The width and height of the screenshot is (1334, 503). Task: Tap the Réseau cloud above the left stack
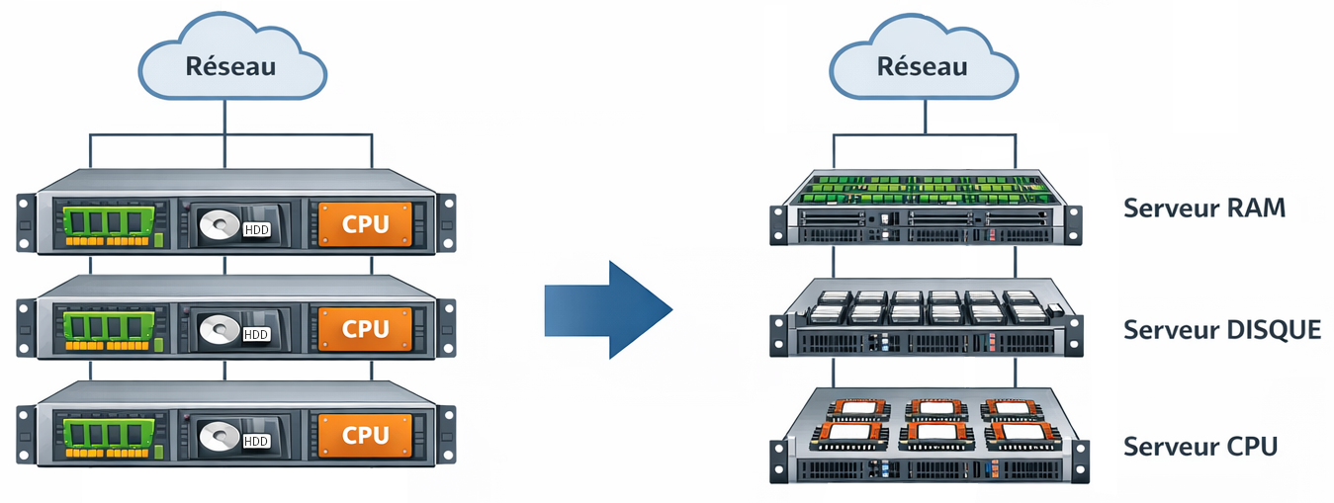232,57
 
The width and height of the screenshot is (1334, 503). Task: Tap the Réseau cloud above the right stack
924,57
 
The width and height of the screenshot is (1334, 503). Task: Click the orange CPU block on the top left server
365,223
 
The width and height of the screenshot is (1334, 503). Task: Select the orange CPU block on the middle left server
365,329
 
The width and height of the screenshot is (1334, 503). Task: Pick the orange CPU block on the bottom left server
365,435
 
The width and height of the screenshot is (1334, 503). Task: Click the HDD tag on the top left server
257,230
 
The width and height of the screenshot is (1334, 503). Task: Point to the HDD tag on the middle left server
256,335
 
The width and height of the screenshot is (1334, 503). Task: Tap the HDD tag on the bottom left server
256,441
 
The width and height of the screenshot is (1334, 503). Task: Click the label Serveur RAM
1204,209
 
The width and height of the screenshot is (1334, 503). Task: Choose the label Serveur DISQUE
1222,330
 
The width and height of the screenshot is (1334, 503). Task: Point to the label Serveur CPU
1201,447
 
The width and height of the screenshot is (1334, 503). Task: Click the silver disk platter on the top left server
220,225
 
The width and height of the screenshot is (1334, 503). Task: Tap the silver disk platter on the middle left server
220,330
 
